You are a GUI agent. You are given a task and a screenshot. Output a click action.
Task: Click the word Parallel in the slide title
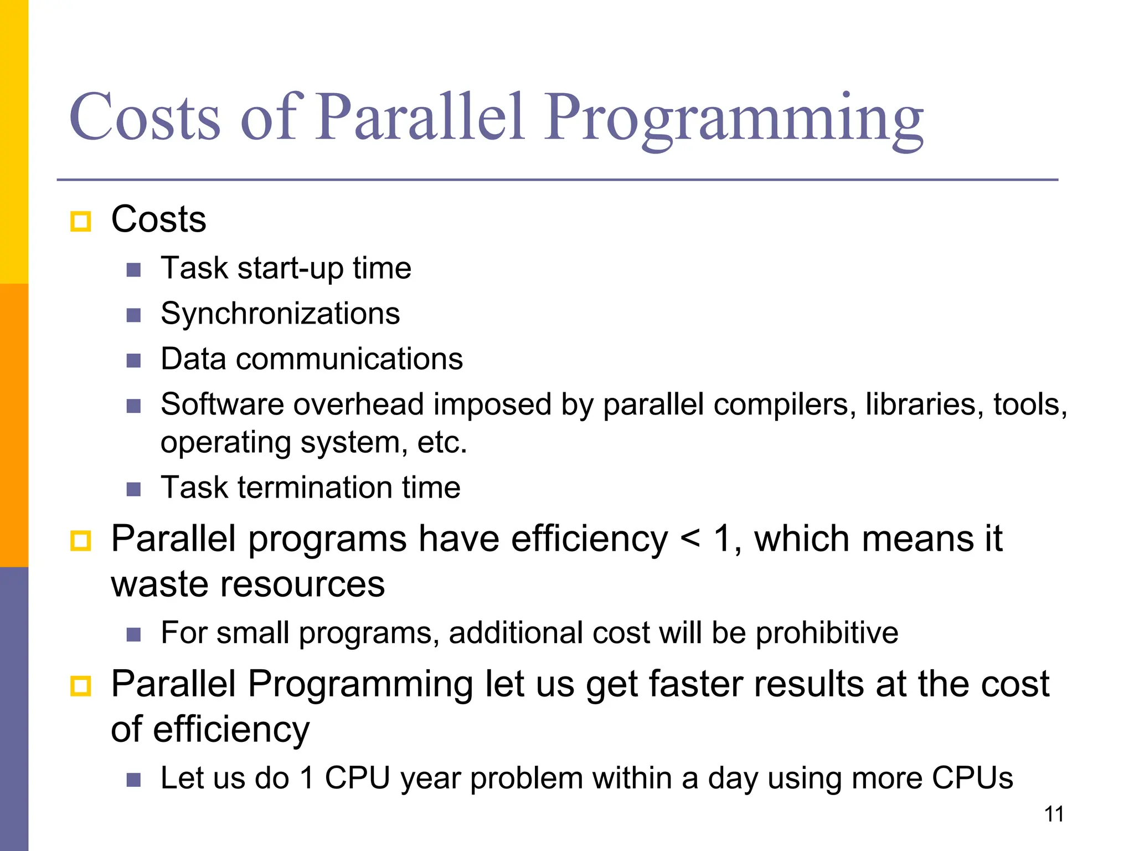coord(421,117)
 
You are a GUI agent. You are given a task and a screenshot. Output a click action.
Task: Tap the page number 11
coord(1054,814)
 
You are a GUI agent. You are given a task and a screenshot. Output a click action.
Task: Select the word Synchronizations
coord(280,314)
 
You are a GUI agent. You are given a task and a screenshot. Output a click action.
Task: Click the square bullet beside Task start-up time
coord(133,270)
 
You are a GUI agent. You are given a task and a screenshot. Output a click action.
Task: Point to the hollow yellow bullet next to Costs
coord(81,222)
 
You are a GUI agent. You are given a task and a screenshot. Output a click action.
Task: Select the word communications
coord(349,360)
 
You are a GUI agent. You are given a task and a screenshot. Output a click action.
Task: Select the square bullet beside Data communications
coord(133,361)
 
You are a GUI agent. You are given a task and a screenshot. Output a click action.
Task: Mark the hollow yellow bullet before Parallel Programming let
coord(81,686)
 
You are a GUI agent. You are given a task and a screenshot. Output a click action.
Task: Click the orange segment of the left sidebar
coord(14,425)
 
